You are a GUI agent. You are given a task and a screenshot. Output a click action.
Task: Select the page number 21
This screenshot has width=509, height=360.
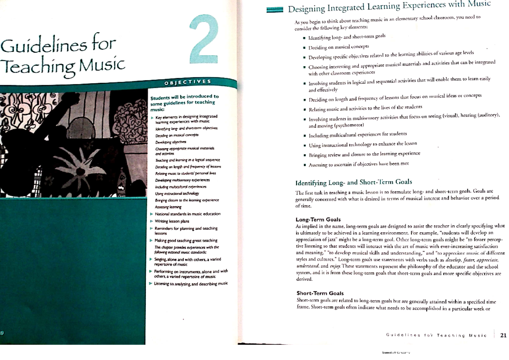pyautogui.click(x=503, y=335)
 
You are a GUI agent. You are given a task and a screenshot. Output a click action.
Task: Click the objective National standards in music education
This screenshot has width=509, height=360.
pyautogui.click(x=188, y=214)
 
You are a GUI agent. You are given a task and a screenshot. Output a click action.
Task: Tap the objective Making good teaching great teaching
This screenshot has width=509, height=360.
pyautogui.click(x=186, y=240)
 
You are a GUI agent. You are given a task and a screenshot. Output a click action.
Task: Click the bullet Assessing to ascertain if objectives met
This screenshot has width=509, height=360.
pyautogui.click(x=358, y=163)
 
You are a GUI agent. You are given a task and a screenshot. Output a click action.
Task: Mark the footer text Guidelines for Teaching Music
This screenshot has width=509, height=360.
pyautogui.click(x=436, y=335)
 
